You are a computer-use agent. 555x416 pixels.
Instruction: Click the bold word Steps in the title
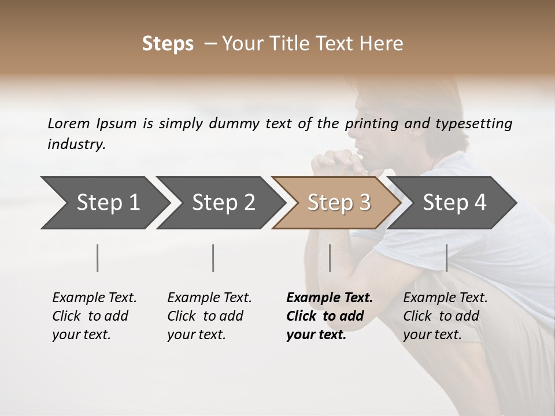(168, 44)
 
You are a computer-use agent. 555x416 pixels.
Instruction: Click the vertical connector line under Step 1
(98, 258)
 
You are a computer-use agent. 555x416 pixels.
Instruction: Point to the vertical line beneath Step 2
(213, 258)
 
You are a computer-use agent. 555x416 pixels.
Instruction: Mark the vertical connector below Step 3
(330, 258)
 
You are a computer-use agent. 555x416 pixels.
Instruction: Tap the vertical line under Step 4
(447, 258)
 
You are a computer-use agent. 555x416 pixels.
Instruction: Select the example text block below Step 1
(94, 316)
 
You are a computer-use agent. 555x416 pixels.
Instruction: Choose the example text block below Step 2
(209, 316)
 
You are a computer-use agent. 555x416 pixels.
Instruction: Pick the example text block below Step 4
(445, 316)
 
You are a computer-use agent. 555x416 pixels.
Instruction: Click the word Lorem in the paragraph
(69, 123)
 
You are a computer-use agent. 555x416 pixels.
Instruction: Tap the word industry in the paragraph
(76, 144)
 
